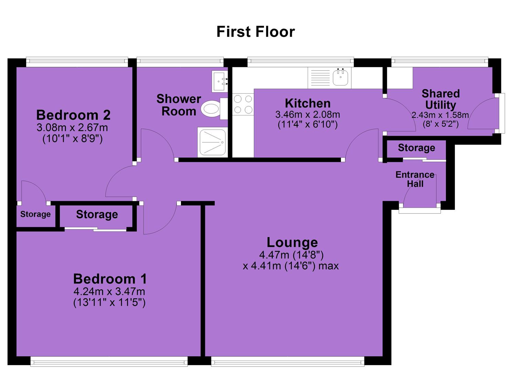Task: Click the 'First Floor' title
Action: pos(255,32)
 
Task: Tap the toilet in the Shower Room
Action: pos(214,109)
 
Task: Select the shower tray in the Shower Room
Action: pos(212,142)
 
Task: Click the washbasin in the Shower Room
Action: pos(220,81)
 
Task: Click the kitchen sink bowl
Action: pos(341,77)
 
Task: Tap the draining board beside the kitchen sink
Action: pos(320,77)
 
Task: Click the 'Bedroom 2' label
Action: pos(73,115)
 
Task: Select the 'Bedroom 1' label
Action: pos(110,279)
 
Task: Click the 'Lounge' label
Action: pos(292,242)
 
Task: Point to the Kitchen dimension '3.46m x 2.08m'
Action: pos(308,115)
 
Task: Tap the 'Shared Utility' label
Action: pos(440,99)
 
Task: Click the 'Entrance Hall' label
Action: pos(415,179)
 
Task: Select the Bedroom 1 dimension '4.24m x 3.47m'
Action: pos(109,292)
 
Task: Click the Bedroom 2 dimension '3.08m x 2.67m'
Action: pos(72,128)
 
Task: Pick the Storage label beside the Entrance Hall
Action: pos(417,148)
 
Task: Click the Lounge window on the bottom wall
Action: pos(288,361)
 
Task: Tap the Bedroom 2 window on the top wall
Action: pos(77,62)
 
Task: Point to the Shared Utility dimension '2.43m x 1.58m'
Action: pos(440,115)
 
